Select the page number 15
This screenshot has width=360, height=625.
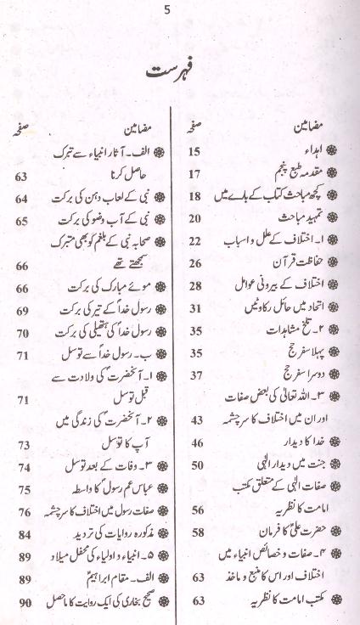coord(194,153)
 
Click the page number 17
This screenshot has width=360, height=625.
coord(194,174)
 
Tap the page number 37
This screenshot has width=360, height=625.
coord(194,374)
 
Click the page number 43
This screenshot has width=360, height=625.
coord(194,419)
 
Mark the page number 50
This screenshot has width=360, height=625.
coord(194,465)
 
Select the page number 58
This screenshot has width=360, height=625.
coord(194,532)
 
